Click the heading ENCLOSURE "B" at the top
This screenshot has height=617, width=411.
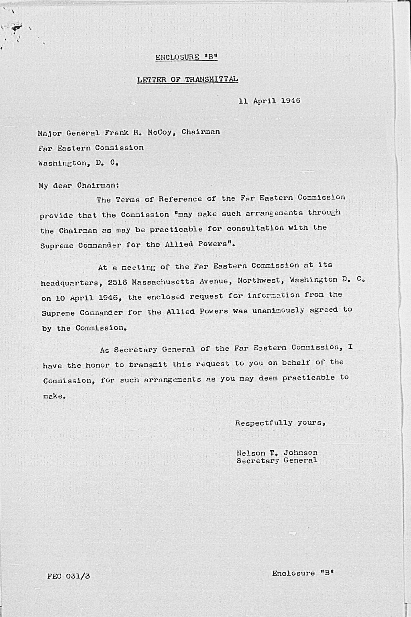[186, 57]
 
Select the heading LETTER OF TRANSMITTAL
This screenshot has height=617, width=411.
[187, 80]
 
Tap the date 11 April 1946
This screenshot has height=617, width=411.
[269, 100]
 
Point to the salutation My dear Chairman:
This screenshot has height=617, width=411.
[79, 186]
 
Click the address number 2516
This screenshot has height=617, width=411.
[118, 282]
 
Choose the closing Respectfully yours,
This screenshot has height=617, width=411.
[280, 423]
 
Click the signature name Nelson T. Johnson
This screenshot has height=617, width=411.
[277, 453]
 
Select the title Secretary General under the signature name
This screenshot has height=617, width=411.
[277, 461]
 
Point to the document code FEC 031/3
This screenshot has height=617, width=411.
[68, 576]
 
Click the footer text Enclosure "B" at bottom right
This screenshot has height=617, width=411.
[303, 573]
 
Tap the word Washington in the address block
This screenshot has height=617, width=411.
[63, 163]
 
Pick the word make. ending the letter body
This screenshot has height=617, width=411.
[54, 396]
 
